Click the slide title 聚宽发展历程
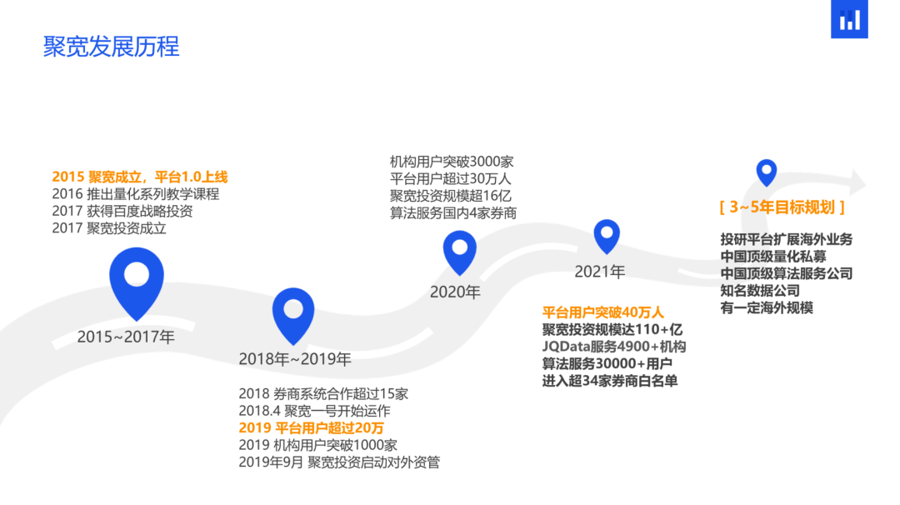[x=111, y=47]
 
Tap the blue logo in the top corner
[x=849, y=19]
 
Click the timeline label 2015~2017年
[x=126, y=337]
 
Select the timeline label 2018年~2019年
[x=295, y=359]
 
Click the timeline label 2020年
[x=455, y=292]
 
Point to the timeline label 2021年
[x=600, y=272]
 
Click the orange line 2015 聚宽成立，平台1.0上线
[x=139, y=177]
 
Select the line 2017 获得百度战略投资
[x=122, y=211]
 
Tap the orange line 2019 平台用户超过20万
[x=311, y=428]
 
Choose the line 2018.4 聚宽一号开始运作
[x=314, y=411]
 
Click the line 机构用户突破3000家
[x=452, y=162]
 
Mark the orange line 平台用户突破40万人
[x=602, y=312]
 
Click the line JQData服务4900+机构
[x=614, y=347]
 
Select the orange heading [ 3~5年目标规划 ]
[x=782, y=207]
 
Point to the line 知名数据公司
[x=760, y=290]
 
